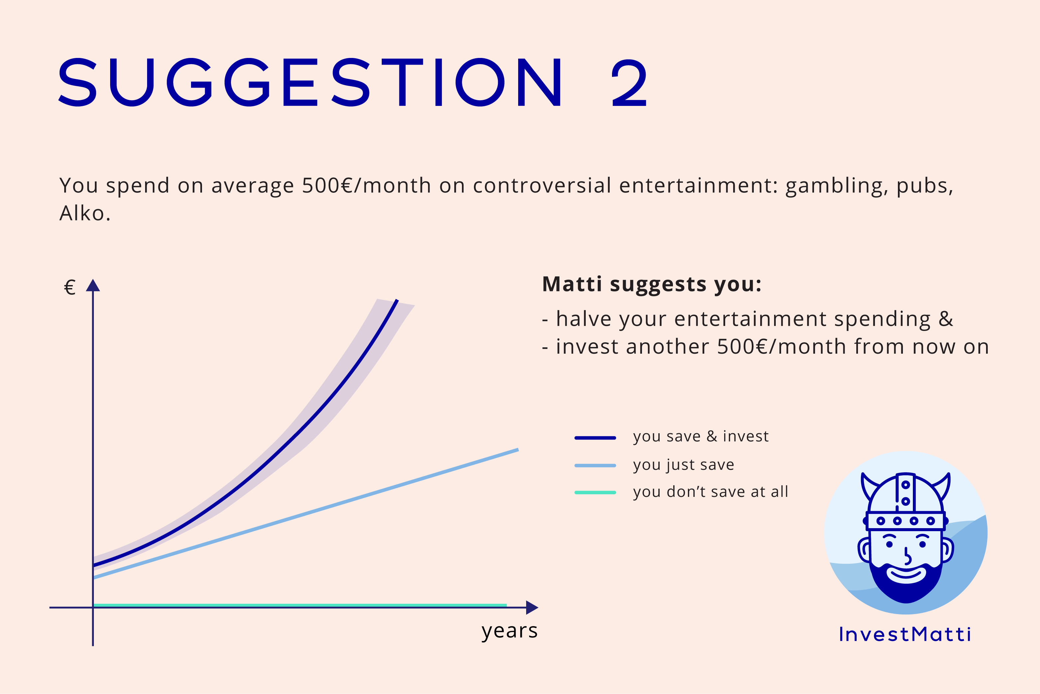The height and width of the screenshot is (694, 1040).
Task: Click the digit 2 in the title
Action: coord(629,83)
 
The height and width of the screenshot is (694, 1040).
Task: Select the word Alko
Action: coord(85,213)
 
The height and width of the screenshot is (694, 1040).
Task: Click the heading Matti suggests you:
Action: coord(652,284)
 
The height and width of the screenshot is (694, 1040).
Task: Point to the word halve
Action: coord(582,319)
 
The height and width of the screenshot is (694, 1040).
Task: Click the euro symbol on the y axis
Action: coord(70,287)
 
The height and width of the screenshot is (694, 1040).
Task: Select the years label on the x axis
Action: coord(510,631)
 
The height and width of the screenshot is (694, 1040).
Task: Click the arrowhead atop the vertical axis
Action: coord(93,285)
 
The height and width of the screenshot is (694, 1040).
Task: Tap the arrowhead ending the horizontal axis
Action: coord(532,608)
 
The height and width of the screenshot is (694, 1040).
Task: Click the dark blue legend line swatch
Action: coord(595,438)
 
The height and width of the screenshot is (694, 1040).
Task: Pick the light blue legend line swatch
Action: coord(595,466)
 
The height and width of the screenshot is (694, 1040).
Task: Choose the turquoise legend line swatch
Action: coord(595,493)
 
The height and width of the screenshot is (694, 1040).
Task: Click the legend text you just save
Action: coord(684,465)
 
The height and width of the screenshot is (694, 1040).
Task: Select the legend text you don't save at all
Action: coord(711,492)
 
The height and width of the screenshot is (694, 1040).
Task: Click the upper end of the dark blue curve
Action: coord(397,300)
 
